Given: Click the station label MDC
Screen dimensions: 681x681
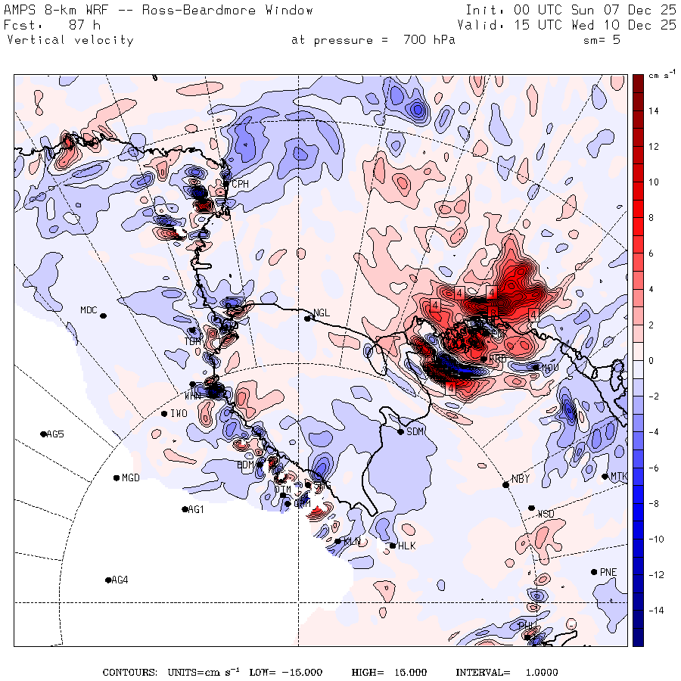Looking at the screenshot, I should point(89,309).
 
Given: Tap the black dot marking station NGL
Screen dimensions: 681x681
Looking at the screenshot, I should point(308,319).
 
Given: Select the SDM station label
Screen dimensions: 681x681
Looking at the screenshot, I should point(415,432).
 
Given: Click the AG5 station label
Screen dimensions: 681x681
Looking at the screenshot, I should point(55,434).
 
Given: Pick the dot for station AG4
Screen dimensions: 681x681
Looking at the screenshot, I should point(108,580).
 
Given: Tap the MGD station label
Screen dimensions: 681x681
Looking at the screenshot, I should point(131,478).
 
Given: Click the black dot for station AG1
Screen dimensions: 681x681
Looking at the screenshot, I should point(185,509).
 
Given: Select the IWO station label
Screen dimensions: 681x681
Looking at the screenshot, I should point(179,414).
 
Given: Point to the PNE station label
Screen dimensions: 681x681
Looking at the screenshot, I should point(608,572).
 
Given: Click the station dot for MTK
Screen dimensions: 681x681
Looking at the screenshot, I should point(605,476).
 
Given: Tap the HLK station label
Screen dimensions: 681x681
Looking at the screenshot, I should point(407,546).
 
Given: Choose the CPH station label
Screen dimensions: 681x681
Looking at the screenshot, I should point(240,184).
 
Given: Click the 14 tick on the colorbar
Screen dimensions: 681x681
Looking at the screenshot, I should point(653,111).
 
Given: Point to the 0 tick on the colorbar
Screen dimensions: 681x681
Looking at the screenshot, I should point(651,360).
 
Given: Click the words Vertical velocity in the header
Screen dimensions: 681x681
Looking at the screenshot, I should point(70,40).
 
